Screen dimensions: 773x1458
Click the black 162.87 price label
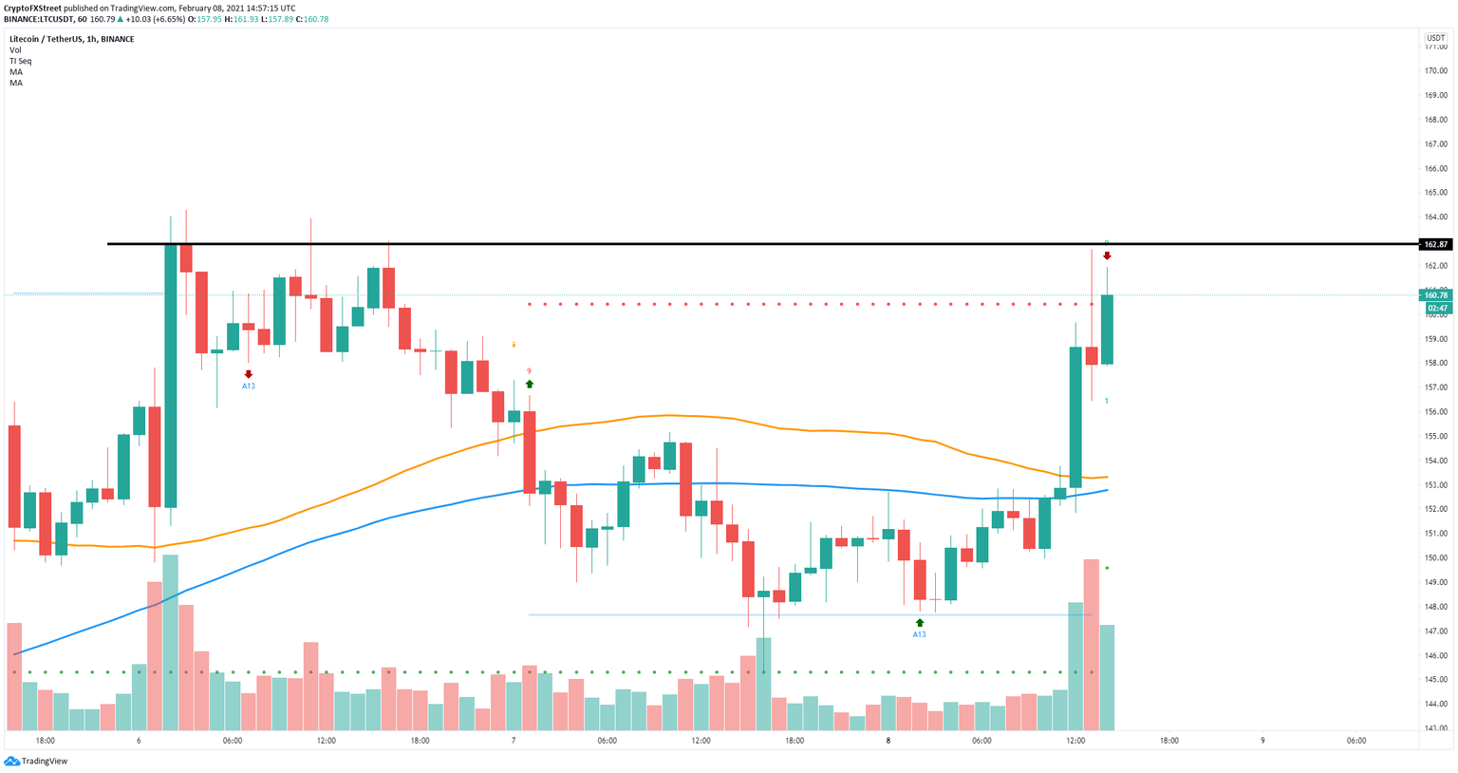(1435, 244)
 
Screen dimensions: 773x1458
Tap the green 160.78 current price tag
(1435, 295)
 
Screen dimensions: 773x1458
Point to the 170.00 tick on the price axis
(1434, 71)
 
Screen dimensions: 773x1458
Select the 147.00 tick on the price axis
(1434, 632)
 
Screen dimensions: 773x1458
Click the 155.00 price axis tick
(1434, 437)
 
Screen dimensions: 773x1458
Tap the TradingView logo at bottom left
(36, 761)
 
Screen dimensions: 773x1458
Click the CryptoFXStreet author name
(32, 8)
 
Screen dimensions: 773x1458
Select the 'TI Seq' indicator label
(20, 61)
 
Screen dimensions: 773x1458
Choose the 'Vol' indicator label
(15, 50)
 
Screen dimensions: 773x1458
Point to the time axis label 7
(514, 741)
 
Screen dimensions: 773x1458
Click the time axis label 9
(1262, 741)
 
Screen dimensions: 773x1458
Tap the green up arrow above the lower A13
(919, 623)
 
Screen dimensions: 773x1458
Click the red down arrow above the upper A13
(248, 374)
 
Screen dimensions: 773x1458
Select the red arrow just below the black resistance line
(1107, 256)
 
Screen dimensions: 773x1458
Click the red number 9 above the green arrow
(529, 371)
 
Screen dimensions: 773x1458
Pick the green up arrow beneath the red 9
(530, 384)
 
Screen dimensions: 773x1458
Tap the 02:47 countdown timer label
(1436, 308)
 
